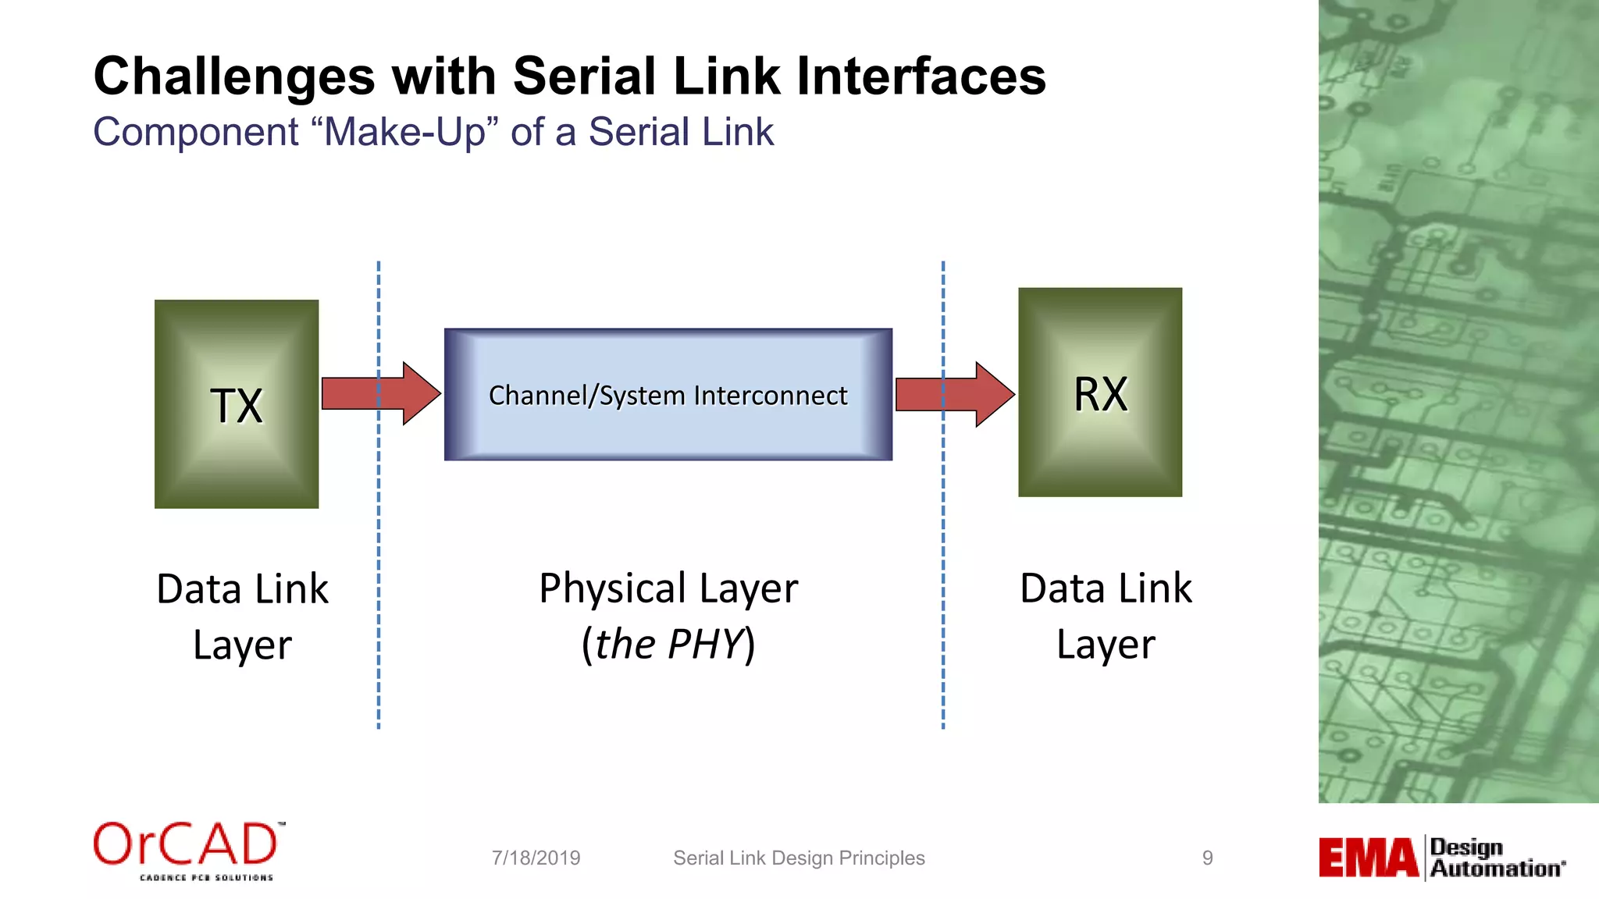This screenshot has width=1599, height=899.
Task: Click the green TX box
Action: pos(237,403)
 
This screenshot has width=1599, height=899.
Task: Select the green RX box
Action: pos(1099,392)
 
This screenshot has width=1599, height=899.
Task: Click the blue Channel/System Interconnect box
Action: pos(668,395)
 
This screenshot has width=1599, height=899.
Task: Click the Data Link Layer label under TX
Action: pos(242,617)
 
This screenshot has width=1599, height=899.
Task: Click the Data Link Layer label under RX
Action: pos(1106,616)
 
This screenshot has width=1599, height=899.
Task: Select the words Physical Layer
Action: pos(668,588)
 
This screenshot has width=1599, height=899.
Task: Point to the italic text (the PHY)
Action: pos(668,645)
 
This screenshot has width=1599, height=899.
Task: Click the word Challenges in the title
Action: pos(234,76)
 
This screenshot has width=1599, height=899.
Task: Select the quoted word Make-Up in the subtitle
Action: pos(404,131)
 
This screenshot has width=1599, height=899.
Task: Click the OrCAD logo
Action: pos(188,850)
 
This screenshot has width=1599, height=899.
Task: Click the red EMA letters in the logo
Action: pos(1368,858)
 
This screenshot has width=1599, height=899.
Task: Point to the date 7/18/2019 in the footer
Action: pos(536,858)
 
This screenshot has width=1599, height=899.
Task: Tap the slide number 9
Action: pos(1207,858)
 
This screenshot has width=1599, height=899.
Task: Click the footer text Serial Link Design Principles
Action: pos(799,858)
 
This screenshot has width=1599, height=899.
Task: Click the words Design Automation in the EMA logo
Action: pos(1495,858)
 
